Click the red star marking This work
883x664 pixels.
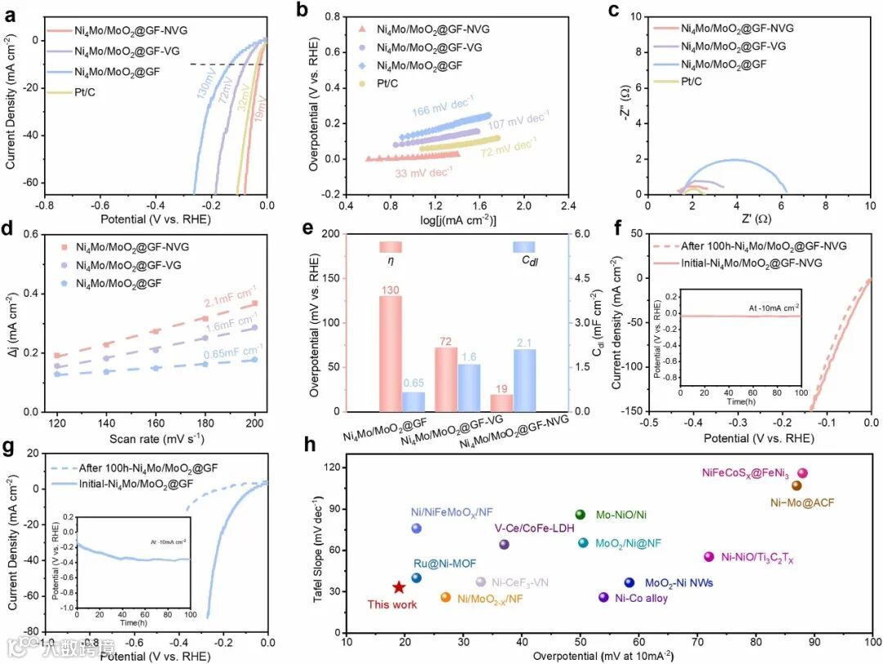[x=398, y=587]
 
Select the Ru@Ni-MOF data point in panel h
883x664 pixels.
[x=416, y=577]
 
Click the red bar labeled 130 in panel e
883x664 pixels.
[x=391, y=353]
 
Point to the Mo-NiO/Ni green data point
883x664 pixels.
[x=580, y=514]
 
